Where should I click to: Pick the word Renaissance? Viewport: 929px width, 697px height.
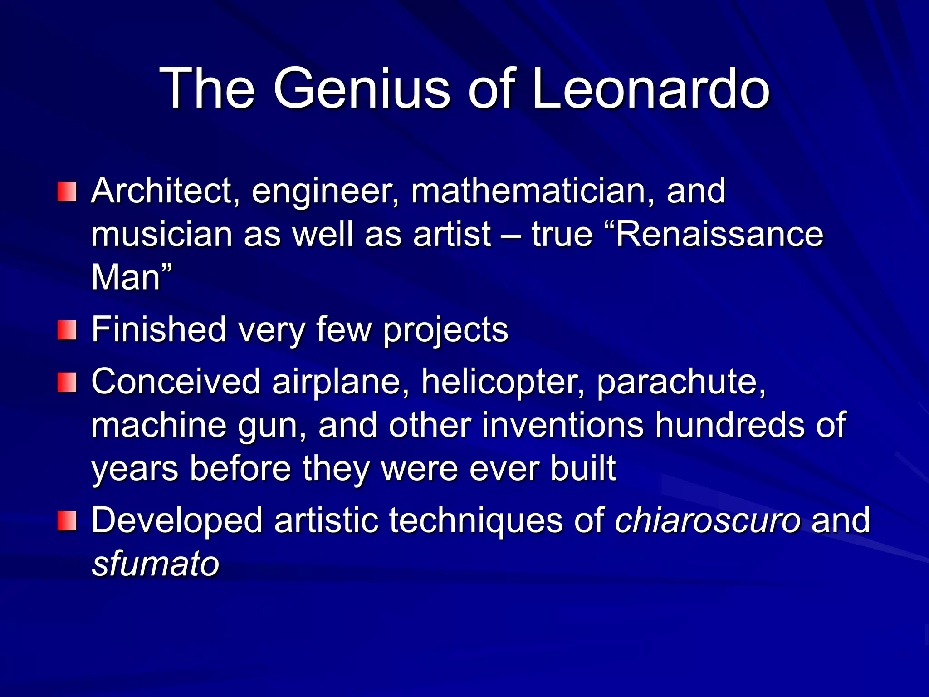click(x=719, y=235)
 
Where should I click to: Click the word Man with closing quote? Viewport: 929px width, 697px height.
click(x=132, y=277)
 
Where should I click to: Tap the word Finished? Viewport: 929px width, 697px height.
click(x=159, y=329)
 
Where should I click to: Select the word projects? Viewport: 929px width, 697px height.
click(x=445, y=330)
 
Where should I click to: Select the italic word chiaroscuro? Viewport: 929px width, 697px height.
click(x=708, y=520)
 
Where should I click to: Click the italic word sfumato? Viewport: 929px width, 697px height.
click(x=156, y=564)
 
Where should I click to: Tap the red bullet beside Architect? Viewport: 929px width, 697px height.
click(x=67, y=191)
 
